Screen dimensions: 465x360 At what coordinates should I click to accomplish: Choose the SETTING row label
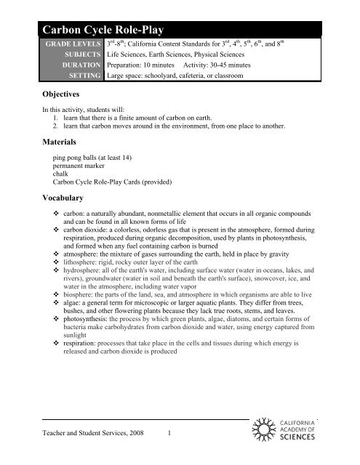(x=83, y=86)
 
